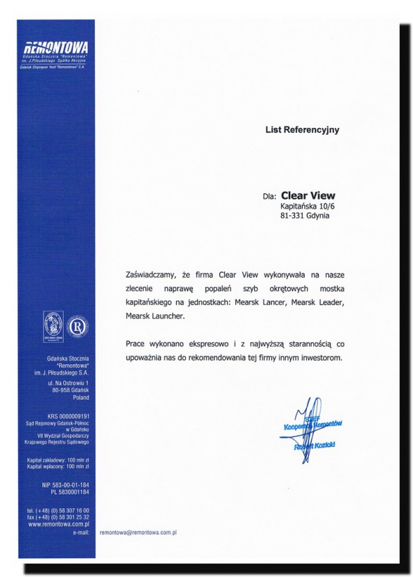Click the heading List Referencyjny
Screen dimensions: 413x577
[302, 129]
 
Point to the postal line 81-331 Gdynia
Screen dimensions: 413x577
[305, 216]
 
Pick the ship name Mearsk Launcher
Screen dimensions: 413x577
[155, 316]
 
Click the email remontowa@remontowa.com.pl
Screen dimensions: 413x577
[140, 532]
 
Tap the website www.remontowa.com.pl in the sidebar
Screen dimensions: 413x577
[61, 524]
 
